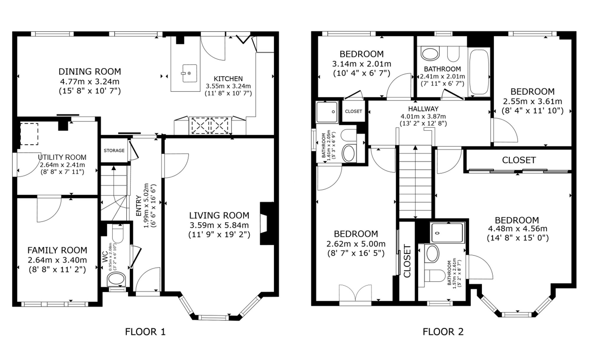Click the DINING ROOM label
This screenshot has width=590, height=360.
tap(90, 71)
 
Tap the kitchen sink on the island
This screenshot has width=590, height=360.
tap(189, 73)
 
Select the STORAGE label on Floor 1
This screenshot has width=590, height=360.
tap(114, 150)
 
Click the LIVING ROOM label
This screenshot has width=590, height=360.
tap(219, 215)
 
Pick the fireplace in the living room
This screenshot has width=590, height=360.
tap(267, 223)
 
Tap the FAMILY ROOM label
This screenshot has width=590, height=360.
tap(57, 250)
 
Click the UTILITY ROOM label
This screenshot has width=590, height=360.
tap(62, 157)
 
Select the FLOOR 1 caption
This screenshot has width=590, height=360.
tap(145, 332)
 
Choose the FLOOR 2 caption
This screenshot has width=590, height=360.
tap(443, 332)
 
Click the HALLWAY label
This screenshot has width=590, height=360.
tap(423, 109)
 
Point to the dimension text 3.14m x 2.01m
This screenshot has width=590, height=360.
tap(362, 64)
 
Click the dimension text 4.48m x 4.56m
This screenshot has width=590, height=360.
tap(518, 229)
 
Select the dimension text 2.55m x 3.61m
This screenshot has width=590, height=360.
tap(532, 102)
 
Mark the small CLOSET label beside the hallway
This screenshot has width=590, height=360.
tap(353, 111)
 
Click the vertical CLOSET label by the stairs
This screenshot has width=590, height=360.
tap(407, 261)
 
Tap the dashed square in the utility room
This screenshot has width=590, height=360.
tap(29, 134)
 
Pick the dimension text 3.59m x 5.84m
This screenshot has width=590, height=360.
tap(219, 225)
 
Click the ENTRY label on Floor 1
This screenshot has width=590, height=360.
tap(139, 206)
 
